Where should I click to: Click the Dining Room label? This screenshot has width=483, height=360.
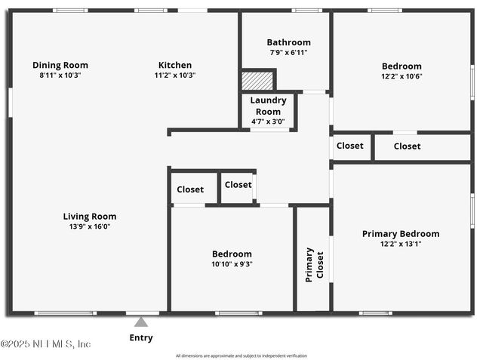pyautogui.click(x=60, y=65)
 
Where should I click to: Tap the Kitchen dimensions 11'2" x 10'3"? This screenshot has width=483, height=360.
pyautogui.click(x=174, y=75)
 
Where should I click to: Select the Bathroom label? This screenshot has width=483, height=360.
pyautogui.click(x=288, y=42)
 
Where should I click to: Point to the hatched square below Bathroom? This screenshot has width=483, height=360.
pyautogui.click(x=257, y=80)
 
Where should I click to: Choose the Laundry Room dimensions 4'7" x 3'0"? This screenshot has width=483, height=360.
pyautogui.click(x=268, y=121)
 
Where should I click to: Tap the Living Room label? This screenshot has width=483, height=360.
pyautogui.click(x=89, y=217)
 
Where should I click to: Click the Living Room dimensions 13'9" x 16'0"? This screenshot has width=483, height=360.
pyautogui.click(x=89, y=226)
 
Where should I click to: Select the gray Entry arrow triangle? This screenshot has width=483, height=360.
pyautogui.click(x=141, y=322)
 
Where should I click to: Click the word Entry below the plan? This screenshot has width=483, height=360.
pyautogui.click(x=141, y=338)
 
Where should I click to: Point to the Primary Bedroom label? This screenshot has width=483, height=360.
pyautogui.click(x=401, y=234)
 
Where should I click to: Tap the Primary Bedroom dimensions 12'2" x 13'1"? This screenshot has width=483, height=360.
pyautogui.click(x=401, y=244)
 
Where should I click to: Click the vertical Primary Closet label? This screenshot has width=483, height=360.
pyautogui.click(x=314, y=264)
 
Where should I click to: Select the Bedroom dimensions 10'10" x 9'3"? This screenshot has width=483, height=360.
pyautogui.click(x=232, y=264)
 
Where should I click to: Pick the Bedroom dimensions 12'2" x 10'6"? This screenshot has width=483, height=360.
pyautogui.click(x=401, y=76)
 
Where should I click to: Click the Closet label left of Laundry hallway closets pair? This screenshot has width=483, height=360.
pyautogui.click(x=190, y=189)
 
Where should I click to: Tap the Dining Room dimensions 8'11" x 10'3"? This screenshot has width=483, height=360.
pyautogui.click(x=60, y=75)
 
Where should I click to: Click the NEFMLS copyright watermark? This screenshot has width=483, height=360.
pyautogui.click(x=46, y=344)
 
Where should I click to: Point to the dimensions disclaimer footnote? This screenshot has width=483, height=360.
pyautogui.click(x=241, y=355)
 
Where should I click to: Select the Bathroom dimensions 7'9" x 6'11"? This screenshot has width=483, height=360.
pyautogui.click(x=288, y=52)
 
